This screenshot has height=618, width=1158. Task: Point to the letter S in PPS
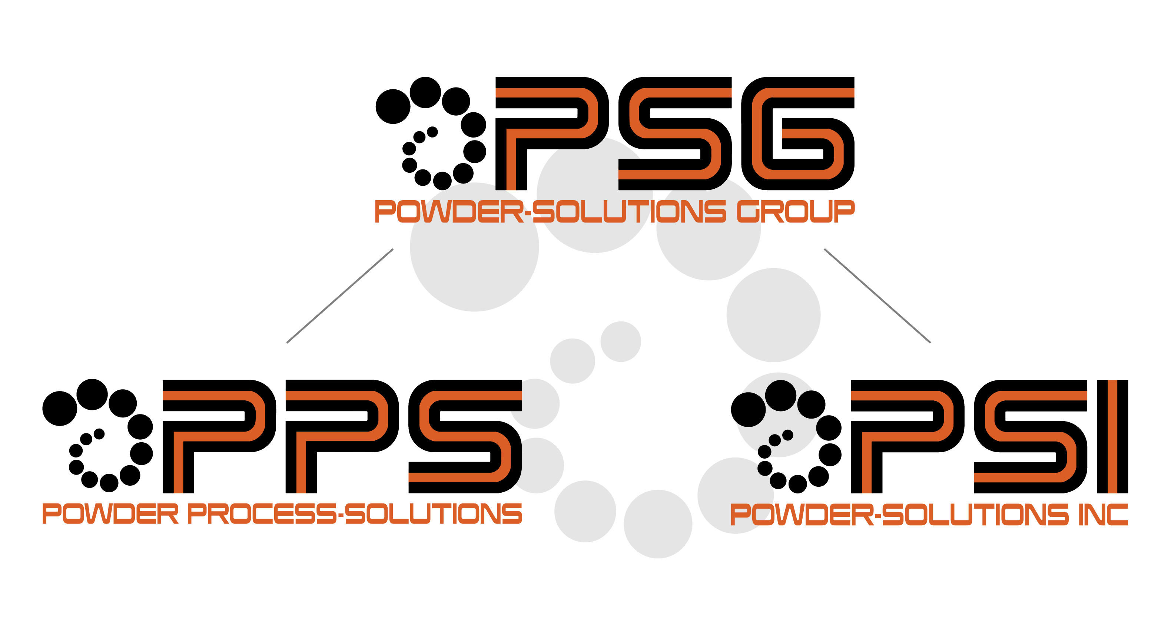[x=463, y=436]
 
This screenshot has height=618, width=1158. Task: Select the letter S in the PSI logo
[x=1029, y=436]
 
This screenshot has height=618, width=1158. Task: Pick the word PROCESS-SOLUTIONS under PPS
[x=355, y=514]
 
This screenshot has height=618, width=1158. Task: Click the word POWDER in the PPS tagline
[x=110, y=514]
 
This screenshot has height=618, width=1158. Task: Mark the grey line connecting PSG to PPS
[x=340, y=295]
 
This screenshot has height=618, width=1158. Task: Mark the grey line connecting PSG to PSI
[x=877, y=295]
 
